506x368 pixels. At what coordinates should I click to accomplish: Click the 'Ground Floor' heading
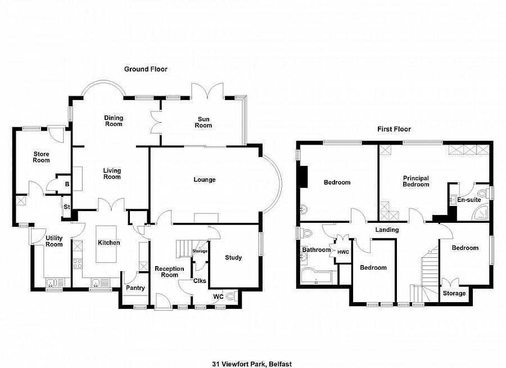point(146,69)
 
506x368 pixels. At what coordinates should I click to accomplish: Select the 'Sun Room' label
point(203,122)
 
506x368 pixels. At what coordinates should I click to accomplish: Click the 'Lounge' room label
point(205,180)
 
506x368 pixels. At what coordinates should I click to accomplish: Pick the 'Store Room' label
point(41,156)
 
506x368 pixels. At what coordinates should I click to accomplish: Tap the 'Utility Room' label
point(54,241)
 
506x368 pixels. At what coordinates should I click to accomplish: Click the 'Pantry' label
point(135,288)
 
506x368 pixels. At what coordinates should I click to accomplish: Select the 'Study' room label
point(233,258)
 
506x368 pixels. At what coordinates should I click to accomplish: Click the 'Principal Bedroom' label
point(415,181)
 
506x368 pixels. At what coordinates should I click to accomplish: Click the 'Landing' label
point(387,230)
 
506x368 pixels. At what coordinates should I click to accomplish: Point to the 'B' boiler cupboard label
point(67,184)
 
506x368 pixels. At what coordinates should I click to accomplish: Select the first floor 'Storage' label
point(454,293)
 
